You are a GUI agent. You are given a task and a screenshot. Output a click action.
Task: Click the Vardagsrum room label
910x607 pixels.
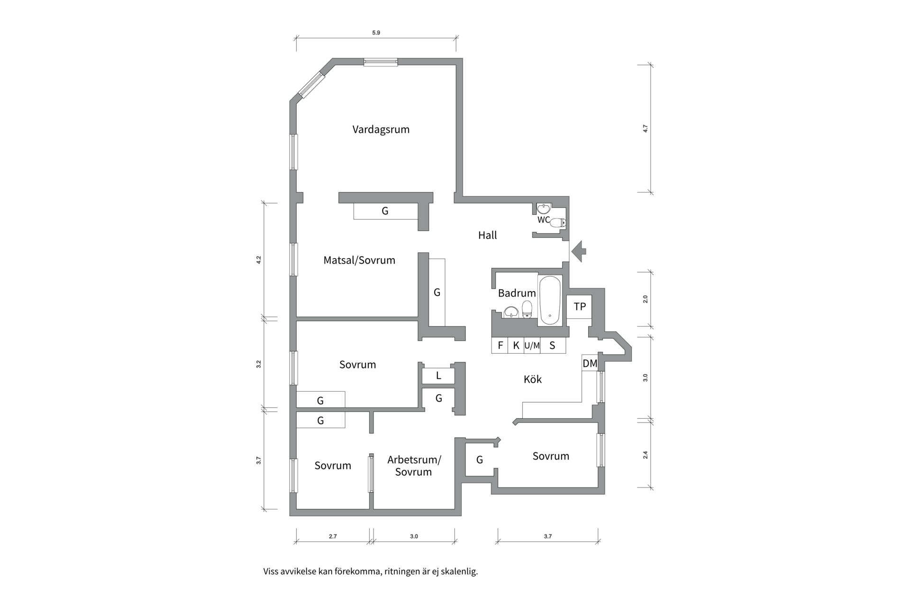(x=381, y=129)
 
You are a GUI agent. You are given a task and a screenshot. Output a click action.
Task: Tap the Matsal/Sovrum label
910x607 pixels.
(x=359, y=260)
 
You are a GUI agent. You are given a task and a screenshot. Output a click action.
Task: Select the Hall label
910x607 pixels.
(x=487, y=235)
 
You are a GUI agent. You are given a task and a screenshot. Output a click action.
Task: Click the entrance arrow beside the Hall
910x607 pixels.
(x=579, y=251)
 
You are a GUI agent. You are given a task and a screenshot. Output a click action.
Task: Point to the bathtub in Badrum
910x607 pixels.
(x=550, y=300)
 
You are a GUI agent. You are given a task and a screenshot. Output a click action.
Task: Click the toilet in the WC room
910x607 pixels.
(x=558, y=222)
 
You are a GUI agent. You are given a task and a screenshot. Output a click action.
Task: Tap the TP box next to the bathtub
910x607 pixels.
(x=580, y=306)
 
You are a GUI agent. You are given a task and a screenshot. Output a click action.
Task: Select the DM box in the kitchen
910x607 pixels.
(x=590, y=363)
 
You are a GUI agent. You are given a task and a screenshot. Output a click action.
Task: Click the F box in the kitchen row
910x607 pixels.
(x=500, y=345)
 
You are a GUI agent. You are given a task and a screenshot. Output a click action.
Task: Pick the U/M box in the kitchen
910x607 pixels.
(x=532, y=346)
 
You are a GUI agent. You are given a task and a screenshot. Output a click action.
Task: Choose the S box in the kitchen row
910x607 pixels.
(x=553, y=345)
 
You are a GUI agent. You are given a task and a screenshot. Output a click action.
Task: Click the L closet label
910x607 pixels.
(x=438, y=376)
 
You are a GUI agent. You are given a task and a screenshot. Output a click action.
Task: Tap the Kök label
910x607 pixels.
(x=532, y=379)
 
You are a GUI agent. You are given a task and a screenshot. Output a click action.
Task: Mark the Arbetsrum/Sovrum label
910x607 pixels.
(x=414, y=466)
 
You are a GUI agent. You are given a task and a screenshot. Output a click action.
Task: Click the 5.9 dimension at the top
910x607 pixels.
(x=376, y=33)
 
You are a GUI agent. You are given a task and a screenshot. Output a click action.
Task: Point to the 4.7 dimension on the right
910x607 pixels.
(x=645, y=129)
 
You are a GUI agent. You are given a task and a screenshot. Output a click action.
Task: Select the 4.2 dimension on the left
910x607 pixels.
(x=258, y=260)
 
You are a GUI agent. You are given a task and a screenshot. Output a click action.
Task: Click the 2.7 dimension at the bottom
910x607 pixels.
(x=333, y=536)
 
